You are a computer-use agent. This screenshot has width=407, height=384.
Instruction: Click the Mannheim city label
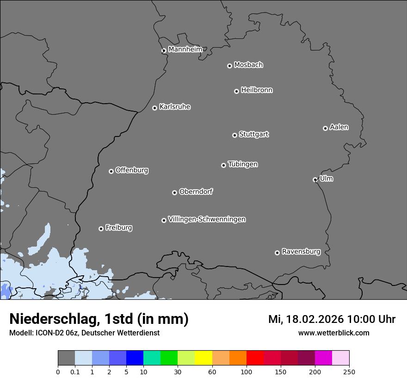tap(185, 49)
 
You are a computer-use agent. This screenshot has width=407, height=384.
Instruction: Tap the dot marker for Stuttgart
tap(234, 135)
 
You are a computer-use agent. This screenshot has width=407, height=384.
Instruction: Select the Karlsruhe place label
tap(175, 107)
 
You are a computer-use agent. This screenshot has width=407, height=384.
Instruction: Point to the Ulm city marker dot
tap(315, 180)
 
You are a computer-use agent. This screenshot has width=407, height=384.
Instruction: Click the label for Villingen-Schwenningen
tap(207, 219)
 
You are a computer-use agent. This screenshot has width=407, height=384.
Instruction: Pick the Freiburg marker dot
tap(101, 229)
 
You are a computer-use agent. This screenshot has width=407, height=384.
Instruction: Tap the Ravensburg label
tap(301, 252)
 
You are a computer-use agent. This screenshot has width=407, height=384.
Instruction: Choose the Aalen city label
tap(339, 127)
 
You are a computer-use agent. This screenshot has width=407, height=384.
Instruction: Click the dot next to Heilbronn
tap(236, 91)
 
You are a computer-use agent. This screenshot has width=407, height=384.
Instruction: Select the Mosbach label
tap(248, 65)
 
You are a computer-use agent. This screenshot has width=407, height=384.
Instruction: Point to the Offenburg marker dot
tap(111, 171)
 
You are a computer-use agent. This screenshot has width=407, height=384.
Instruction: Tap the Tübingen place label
tap(243, 164)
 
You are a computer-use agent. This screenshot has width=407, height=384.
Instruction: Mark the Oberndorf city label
tap(196, 192)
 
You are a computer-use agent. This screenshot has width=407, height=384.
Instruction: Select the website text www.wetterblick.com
tap(334, 333)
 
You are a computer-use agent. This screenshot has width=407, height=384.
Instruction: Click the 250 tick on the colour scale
tap(349, 372)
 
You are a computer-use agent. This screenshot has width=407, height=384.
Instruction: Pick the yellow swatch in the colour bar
tap(203, 358)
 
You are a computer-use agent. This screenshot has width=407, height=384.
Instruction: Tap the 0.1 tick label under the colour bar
tap(75, 372)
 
